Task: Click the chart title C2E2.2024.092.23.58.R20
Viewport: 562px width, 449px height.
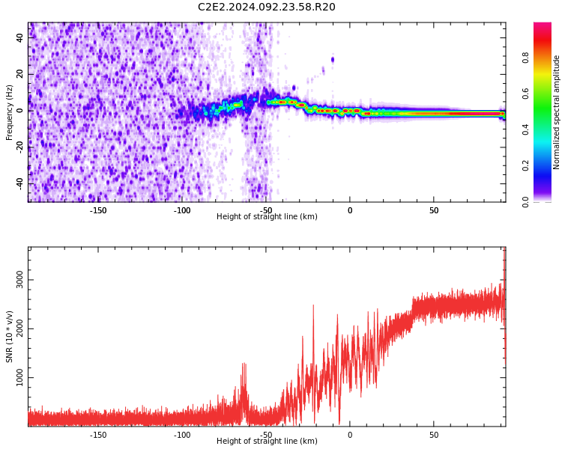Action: (267, 7)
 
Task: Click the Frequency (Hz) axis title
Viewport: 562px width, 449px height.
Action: (9, 112)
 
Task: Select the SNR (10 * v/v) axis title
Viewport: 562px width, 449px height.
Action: (9, 337)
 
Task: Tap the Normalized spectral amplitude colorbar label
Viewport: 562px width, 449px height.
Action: (556, 112)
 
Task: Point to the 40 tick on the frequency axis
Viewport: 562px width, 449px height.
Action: (19, 37)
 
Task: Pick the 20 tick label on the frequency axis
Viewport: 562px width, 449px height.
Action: (19, 74)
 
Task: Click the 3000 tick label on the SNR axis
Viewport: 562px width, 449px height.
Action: (19, 280)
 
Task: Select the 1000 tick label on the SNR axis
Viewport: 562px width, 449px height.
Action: (19, 377)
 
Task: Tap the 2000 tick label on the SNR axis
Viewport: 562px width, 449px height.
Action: (19, 329)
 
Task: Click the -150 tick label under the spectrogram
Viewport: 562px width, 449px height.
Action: (98, 210)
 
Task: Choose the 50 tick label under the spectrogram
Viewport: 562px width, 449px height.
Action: (434, 210)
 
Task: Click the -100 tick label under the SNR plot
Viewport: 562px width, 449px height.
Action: (182, 435)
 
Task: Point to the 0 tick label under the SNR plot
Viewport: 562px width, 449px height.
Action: (350, 435)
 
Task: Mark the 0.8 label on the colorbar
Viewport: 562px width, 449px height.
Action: (525, 58)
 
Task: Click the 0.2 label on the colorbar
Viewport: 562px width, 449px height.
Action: (525, 166)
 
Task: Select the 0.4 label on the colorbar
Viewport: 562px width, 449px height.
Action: (525, 129)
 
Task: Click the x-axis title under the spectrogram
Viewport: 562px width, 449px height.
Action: (267, 216)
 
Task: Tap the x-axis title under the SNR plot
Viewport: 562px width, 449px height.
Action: (267, 441)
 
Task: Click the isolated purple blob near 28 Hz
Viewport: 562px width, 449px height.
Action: (333, 59)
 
